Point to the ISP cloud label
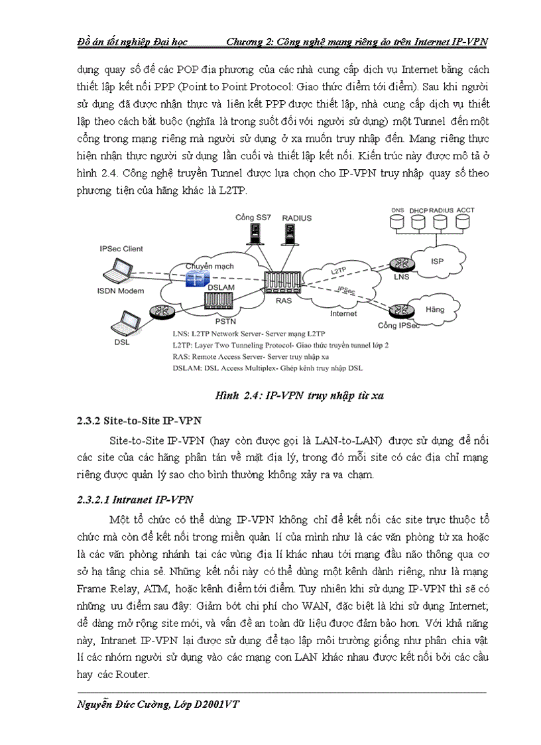coord(437,261)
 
